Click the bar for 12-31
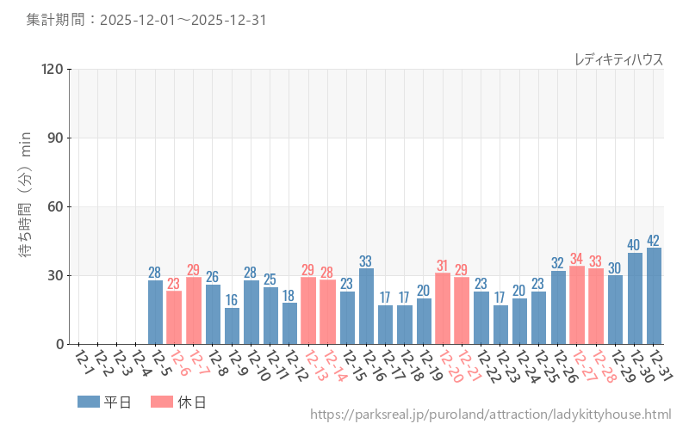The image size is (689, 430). [x=654, y=296]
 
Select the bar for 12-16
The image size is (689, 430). [x=366, y=306]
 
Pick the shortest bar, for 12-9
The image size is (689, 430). [x=232, y=326]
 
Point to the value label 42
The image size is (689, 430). [x=654, y=240]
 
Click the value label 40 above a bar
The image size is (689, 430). [x=635, y=245]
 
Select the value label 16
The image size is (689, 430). [x=232, y=300]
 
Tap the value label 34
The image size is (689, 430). [x=577, y=259]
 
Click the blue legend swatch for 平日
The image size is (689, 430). [x=88, y=401]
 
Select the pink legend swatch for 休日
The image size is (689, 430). [x=161, y=401]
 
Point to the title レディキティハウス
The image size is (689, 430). [x=618, y=58]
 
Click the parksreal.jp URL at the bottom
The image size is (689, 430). [x=490, y=415]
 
